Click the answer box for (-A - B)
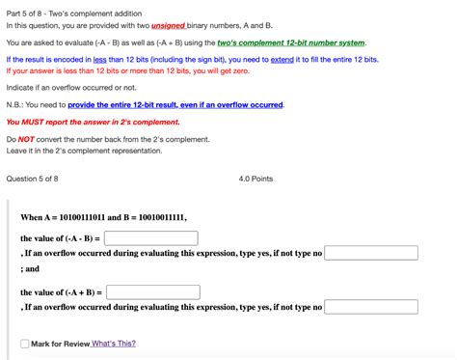click(151, 237)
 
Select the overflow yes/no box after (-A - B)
click(371, 253)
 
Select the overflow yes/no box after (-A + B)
click(371, 307)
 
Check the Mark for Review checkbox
click(24, 344)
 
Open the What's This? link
click(114, 344)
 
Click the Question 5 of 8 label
click(32, 179)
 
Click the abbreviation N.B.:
click(15, 104)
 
